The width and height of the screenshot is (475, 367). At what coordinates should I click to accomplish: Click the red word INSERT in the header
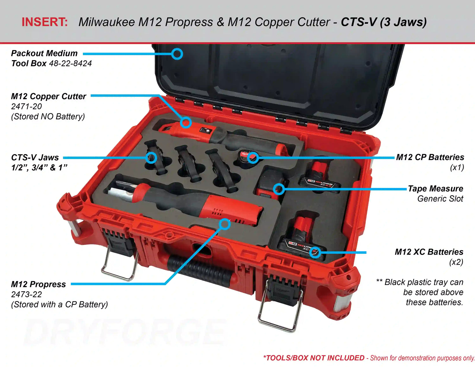45,22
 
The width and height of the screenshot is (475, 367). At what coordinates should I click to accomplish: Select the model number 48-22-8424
70,63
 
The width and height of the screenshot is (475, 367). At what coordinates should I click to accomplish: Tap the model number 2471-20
27,106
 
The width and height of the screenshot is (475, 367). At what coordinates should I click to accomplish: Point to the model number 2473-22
27,294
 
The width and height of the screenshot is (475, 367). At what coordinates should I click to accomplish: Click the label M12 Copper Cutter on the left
48,96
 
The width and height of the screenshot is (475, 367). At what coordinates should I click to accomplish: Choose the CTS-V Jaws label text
35,157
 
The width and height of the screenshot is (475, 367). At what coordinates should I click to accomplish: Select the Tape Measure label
435,188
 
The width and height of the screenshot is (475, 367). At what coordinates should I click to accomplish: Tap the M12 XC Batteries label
429,252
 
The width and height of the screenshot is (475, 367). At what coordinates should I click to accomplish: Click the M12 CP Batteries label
430,157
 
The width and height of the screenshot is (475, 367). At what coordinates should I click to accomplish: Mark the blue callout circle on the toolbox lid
177,54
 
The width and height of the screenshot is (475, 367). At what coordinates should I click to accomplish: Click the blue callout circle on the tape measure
279,189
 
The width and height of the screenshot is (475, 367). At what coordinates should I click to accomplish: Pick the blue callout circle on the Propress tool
225,224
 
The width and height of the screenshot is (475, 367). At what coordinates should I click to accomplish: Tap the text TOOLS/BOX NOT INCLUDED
314,358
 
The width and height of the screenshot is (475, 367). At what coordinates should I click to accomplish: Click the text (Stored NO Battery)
48,117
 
